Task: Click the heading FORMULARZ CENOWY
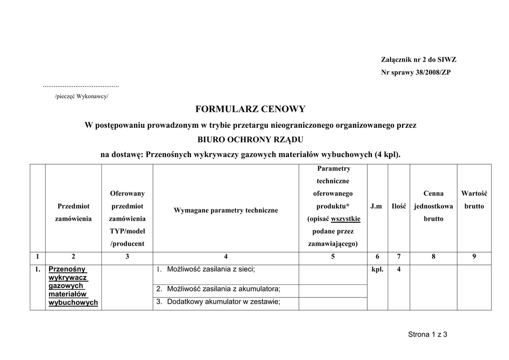(x=250, y=109)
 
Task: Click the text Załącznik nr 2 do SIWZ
(x=419, y=60)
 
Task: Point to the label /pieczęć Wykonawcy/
(x=82, y=96)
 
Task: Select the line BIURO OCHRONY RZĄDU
(x=250, y=140)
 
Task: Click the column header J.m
(x=376, y=206)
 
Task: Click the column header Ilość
(x=399, y=206)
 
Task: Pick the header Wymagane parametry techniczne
(x=226, y=210)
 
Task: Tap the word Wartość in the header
(x=474, y=193)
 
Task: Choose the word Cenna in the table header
(x=433, y=193)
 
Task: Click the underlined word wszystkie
(x=346, y=219)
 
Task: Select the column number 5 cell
(x=333, y=257)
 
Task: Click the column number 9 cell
(x=474, y=257)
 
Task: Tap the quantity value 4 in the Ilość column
(x=399, y=270)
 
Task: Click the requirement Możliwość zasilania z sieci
(x=211, y=270)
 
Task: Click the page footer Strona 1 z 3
(x=427, y=335)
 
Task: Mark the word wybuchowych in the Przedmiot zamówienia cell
(x=73, y=303)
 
